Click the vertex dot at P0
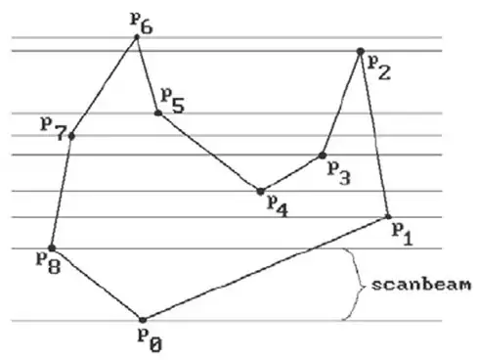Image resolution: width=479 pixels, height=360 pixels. [143, 320]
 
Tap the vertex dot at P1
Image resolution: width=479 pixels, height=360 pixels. [388, 216]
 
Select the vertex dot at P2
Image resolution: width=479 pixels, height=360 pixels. [361, 50]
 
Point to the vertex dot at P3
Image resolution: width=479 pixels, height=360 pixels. [323, 155]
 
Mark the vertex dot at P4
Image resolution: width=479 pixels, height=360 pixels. [260, 191]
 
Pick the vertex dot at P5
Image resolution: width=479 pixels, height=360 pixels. [157, 113]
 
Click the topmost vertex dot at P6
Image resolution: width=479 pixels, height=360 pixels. [138, 38]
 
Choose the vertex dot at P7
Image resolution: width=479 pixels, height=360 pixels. [70, 135]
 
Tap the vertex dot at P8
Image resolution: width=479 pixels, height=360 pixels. [52, 247]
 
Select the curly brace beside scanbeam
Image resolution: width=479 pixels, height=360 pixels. [350, 285]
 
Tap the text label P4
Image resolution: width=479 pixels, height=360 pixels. [278, 206]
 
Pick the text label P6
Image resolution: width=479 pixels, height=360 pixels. [142, 22]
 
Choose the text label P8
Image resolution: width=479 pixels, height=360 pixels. [47, 262]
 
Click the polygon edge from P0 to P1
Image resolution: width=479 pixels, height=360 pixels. [264, 269]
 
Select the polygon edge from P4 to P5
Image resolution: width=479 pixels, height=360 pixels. [208, 152]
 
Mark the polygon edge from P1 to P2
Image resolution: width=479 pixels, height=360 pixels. [374, 133]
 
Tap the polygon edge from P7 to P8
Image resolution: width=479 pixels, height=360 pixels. [61, 192]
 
